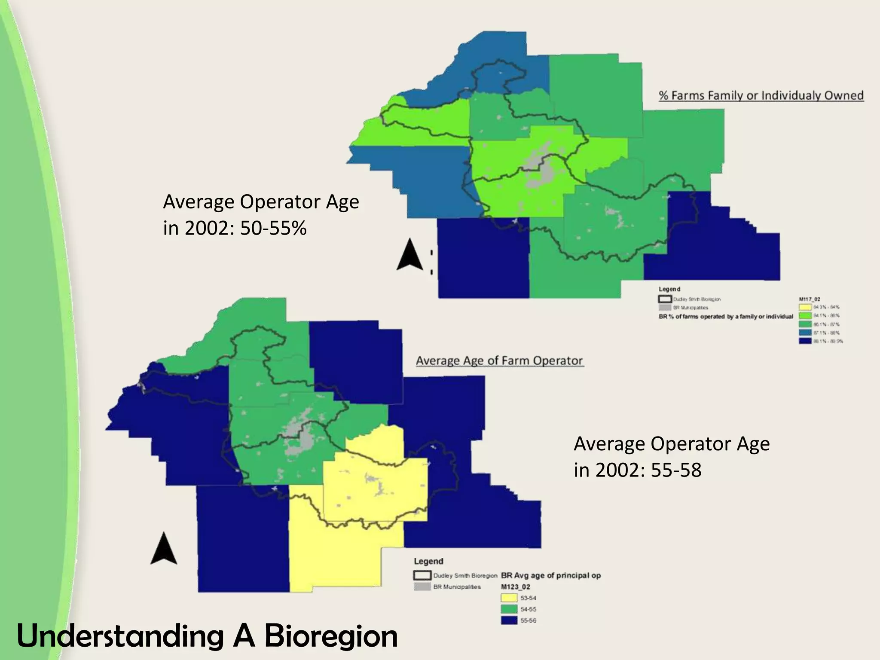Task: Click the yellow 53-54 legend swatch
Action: point(509,598)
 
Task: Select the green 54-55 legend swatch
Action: point(509,609)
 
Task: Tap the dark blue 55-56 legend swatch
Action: point(509,620)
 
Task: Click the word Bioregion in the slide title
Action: point(331,636)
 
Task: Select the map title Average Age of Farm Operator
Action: point(499,361)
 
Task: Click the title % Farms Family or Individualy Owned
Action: point(761,95)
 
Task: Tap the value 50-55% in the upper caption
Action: point(273,228)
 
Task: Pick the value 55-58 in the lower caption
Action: point(676,470)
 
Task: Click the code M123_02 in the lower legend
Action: point(516,587)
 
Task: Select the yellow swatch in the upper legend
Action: point(805,307)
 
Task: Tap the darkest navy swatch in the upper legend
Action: point(805,341)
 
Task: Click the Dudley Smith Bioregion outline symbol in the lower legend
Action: point(422,575)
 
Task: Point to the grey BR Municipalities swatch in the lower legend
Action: point(422,587)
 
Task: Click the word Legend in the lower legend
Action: point(428,561)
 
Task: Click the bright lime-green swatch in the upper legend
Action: point(805,316)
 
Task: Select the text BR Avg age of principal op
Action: point(551,575)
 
